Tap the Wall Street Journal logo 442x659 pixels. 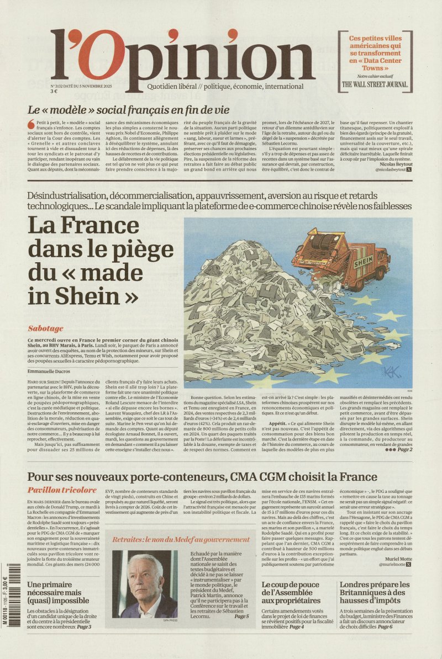[375, 84]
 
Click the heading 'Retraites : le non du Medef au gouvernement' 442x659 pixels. [181, 539]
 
